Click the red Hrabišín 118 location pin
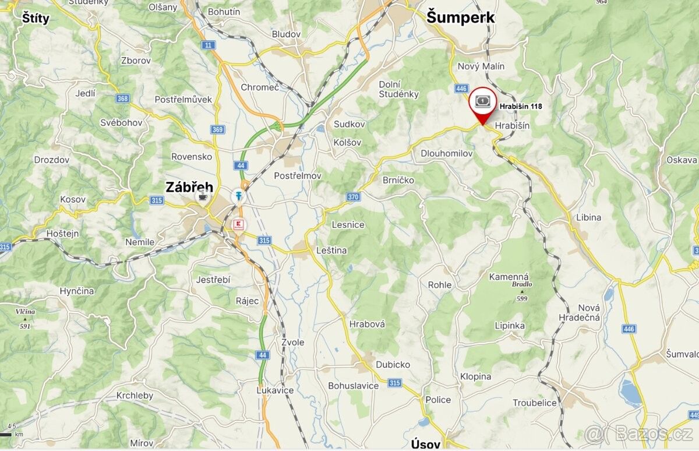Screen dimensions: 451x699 [482, 105]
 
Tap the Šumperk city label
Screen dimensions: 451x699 [460, 17]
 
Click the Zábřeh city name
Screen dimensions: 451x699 [189, 188]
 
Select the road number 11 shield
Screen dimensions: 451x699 [208, 45]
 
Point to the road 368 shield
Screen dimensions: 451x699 [122, 98]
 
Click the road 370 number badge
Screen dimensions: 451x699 [353, 197]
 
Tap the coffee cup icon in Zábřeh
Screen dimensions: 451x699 [203, 196]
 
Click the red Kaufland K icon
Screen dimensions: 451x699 [238, 224]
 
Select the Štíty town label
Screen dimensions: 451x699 [36, 18]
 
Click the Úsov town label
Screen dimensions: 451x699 [425, 444]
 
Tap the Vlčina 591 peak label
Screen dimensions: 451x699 [25, 318]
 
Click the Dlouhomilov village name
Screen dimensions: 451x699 [447, 153]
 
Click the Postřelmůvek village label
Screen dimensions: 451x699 [183, 100]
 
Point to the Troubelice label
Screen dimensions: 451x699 [534, 403]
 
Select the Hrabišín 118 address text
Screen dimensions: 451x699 [520, 107]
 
